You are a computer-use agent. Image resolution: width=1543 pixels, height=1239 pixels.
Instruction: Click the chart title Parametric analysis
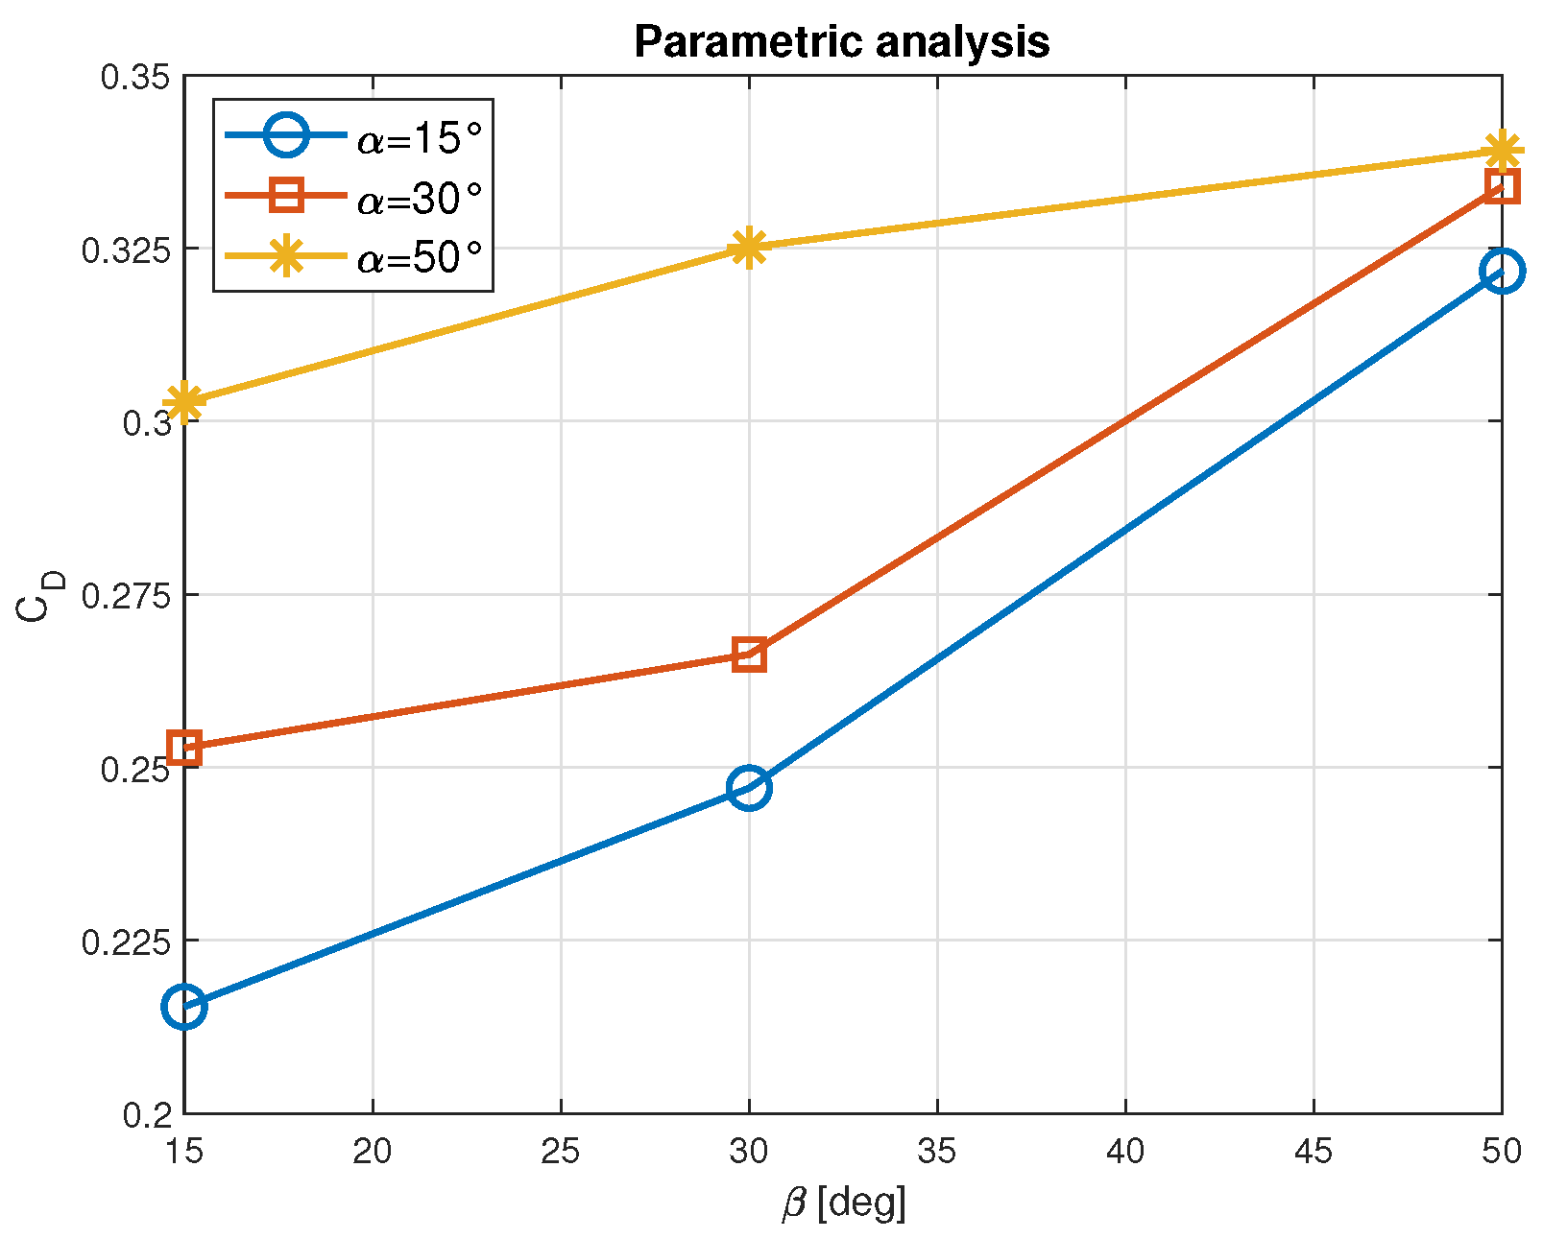[x=841, y=42]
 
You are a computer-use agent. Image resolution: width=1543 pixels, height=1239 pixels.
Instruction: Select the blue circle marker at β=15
[x=184, y=1006]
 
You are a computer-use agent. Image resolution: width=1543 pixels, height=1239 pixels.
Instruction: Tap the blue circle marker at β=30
[x=749, y=788]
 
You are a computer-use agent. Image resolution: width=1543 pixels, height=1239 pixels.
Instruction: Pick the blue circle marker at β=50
[x=1501, y=272]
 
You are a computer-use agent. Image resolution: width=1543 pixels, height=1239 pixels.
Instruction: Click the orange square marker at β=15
[x=184, y=748]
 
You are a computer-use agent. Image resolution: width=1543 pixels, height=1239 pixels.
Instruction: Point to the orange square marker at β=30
[x=749, y=655]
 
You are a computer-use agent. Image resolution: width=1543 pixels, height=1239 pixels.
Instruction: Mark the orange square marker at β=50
[x=1501, y=185]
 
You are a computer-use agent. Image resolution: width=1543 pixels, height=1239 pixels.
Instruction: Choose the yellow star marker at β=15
[x=184, y=401]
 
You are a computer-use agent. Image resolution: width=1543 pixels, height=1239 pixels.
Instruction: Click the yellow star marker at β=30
[x=749, y=248]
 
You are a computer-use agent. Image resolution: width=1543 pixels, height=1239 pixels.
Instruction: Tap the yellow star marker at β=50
[x=1501, y=151]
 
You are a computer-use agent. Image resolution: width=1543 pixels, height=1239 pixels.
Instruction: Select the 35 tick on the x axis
[x=936, y=1151]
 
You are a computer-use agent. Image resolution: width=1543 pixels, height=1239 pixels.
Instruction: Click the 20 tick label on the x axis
[x=372, y=1151]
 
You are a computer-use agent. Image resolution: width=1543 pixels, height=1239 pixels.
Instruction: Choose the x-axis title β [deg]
[x=843, y=1203]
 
